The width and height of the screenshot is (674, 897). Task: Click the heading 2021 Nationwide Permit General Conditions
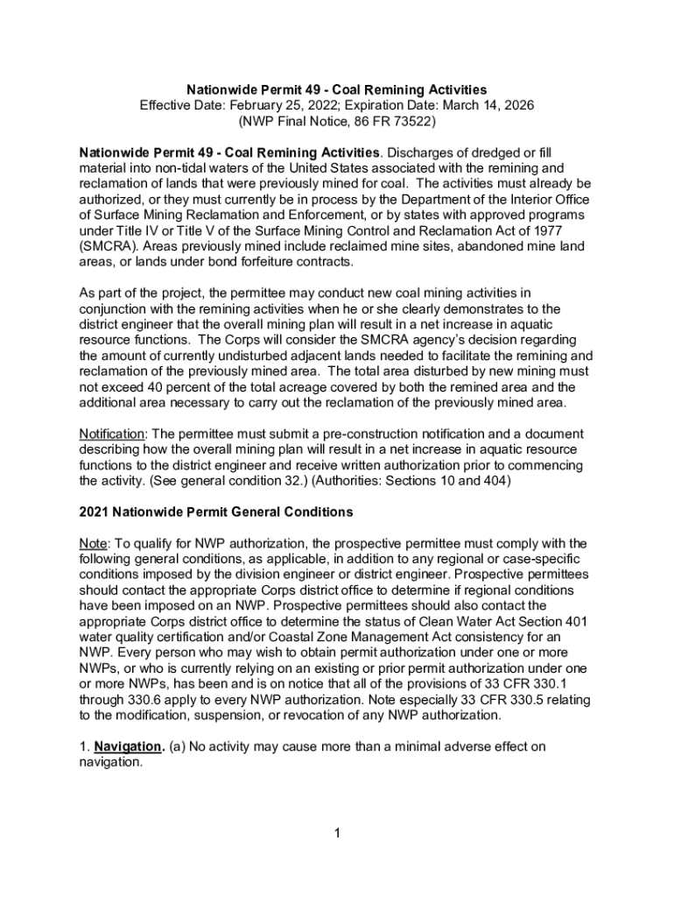coord(216,512)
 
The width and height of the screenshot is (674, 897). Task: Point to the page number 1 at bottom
coord(336,832)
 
